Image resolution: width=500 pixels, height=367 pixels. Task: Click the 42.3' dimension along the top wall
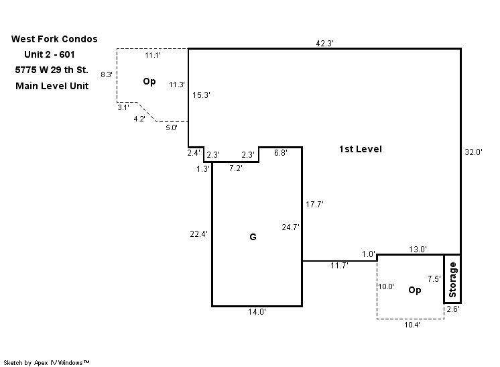point(325,43)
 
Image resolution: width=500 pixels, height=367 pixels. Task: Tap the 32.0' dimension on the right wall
point(473,152)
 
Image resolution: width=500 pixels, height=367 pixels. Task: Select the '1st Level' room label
point(361,149)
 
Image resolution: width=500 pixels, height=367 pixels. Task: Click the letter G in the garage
point(253,237)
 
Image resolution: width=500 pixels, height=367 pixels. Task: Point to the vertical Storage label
point(452,280)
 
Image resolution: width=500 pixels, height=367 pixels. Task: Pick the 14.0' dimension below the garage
point(257,312)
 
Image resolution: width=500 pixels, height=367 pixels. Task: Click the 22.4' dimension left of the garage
point(199,234)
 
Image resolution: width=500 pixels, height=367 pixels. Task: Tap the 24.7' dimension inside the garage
point(290,227)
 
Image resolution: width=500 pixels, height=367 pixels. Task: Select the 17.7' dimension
point(315,205)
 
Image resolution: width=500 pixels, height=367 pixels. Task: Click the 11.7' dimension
point(339,266)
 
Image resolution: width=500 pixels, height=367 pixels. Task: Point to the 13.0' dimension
point(418,250)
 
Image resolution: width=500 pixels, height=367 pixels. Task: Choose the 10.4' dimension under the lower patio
point(412,325)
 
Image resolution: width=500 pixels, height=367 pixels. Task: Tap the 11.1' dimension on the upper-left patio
point(153,55)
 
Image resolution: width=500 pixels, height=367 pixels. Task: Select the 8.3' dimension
point(107,74)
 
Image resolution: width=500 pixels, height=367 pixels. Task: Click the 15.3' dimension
point(202,96)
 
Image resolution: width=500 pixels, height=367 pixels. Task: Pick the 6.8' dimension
point(281,153)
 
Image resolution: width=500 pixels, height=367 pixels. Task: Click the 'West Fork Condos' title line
point(54,40)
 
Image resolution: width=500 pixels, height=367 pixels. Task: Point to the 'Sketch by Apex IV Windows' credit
point(48,362)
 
